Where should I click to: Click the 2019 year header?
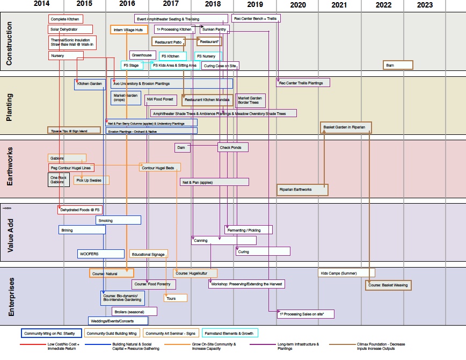click(255, 4)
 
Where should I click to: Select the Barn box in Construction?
click(398, 65)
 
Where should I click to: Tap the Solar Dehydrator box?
click(70, 30)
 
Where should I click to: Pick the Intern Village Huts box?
click(129, 30)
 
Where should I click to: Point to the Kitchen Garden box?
click(90, 84)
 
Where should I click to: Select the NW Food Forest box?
click(161, 99)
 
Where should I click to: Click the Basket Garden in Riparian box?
click(346, 127)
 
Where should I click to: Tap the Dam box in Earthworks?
click(182, 147)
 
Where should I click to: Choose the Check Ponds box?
click(233, 147)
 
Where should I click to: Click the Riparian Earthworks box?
click(303, 190)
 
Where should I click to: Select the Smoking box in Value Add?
click(118, 220)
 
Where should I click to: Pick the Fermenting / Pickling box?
click(249, 230)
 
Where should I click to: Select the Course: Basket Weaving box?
click(388, 285)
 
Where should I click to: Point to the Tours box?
click(176, 298)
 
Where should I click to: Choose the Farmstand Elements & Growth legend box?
click(230, 333)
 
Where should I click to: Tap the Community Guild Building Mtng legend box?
click(112, 333)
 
